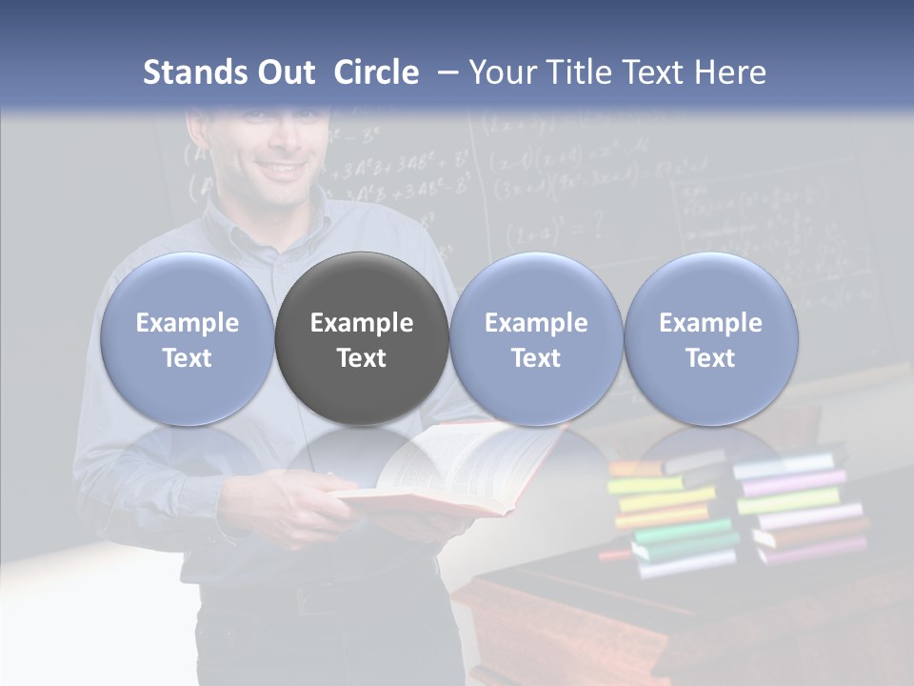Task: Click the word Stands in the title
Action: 196,72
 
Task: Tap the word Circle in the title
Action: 376,72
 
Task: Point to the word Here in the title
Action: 731,72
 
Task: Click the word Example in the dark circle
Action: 362,323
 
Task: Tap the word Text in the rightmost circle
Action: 711,358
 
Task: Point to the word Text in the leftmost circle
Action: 187,358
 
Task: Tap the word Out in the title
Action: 285,72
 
